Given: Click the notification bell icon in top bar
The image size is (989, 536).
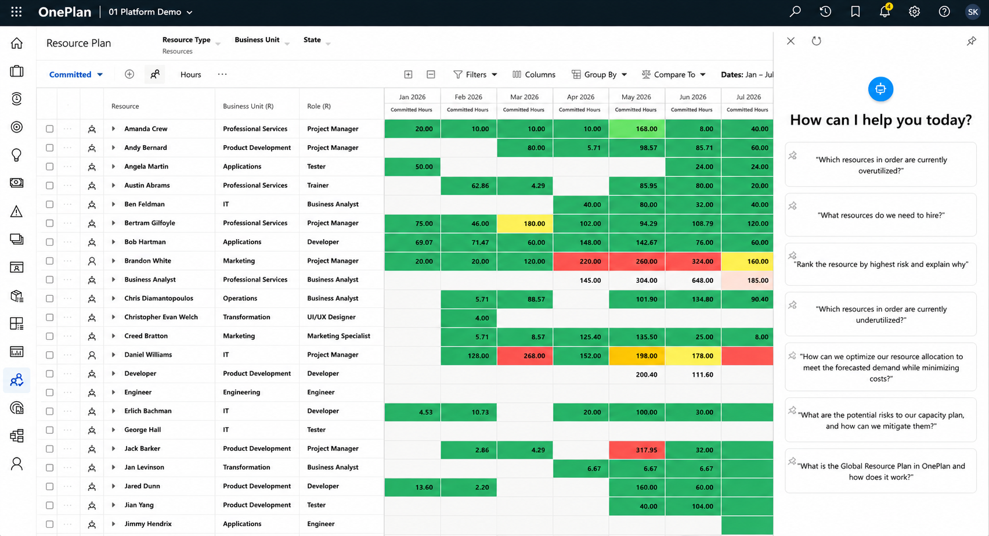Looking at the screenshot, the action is coord(885,12).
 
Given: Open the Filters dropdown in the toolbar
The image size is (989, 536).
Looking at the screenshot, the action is coord(475,74).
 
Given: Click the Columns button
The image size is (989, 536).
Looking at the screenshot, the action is coord(534,74).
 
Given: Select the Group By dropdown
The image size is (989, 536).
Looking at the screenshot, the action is coord(599,74).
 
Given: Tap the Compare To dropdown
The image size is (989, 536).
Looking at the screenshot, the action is coord(674,74).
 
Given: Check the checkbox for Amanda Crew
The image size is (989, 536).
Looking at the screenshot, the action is coord(49,129).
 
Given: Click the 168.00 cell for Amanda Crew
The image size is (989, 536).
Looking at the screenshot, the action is coord(637,129).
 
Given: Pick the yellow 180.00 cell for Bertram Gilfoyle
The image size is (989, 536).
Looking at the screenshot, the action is coord(525,224).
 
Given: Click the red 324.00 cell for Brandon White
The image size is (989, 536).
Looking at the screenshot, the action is coord(693,261).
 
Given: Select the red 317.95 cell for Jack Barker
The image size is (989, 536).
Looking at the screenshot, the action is coord(637,450).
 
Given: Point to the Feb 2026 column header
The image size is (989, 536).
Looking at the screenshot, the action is coord(468,97).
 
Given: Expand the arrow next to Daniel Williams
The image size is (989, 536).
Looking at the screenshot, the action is coord(114,355).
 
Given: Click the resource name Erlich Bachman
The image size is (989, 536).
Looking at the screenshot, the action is coord(148,411).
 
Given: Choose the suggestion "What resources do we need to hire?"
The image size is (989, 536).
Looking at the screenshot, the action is coord(881,215).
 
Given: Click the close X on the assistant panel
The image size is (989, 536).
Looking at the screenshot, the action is coord(791,41).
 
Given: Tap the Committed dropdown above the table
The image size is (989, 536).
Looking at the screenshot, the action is coord(76,74).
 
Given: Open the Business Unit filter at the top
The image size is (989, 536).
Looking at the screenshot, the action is coord(262,40).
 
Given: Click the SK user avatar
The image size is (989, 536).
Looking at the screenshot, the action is coord(973,12).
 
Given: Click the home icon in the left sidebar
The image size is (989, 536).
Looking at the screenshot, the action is coord(17,44).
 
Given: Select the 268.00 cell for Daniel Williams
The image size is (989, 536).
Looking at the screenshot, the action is coord(525,356).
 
